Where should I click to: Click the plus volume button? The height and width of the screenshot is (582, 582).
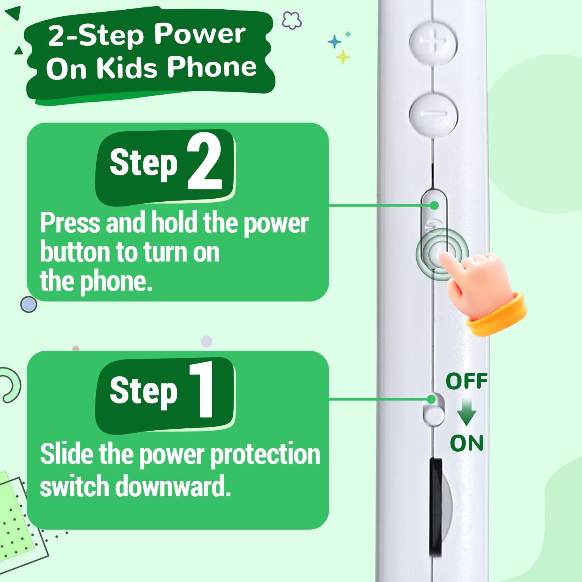433,41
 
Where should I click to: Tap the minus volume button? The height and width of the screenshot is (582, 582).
433,113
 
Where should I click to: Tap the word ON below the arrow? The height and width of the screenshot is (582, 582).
467,443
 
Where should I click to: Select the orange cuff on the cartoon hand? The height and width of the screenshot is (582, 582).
497,314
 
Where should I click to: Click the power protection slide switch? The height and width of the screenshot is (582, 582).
433,409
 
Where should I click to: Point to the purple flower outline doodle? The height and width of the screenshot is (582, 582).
292,20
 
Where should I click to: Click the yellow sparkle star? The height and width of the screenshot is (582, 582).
343,57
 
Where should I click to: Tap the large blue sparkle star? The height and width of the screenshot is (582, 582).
334,42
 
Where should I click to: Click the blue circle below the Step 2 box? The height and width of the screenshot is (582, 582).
28,305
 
